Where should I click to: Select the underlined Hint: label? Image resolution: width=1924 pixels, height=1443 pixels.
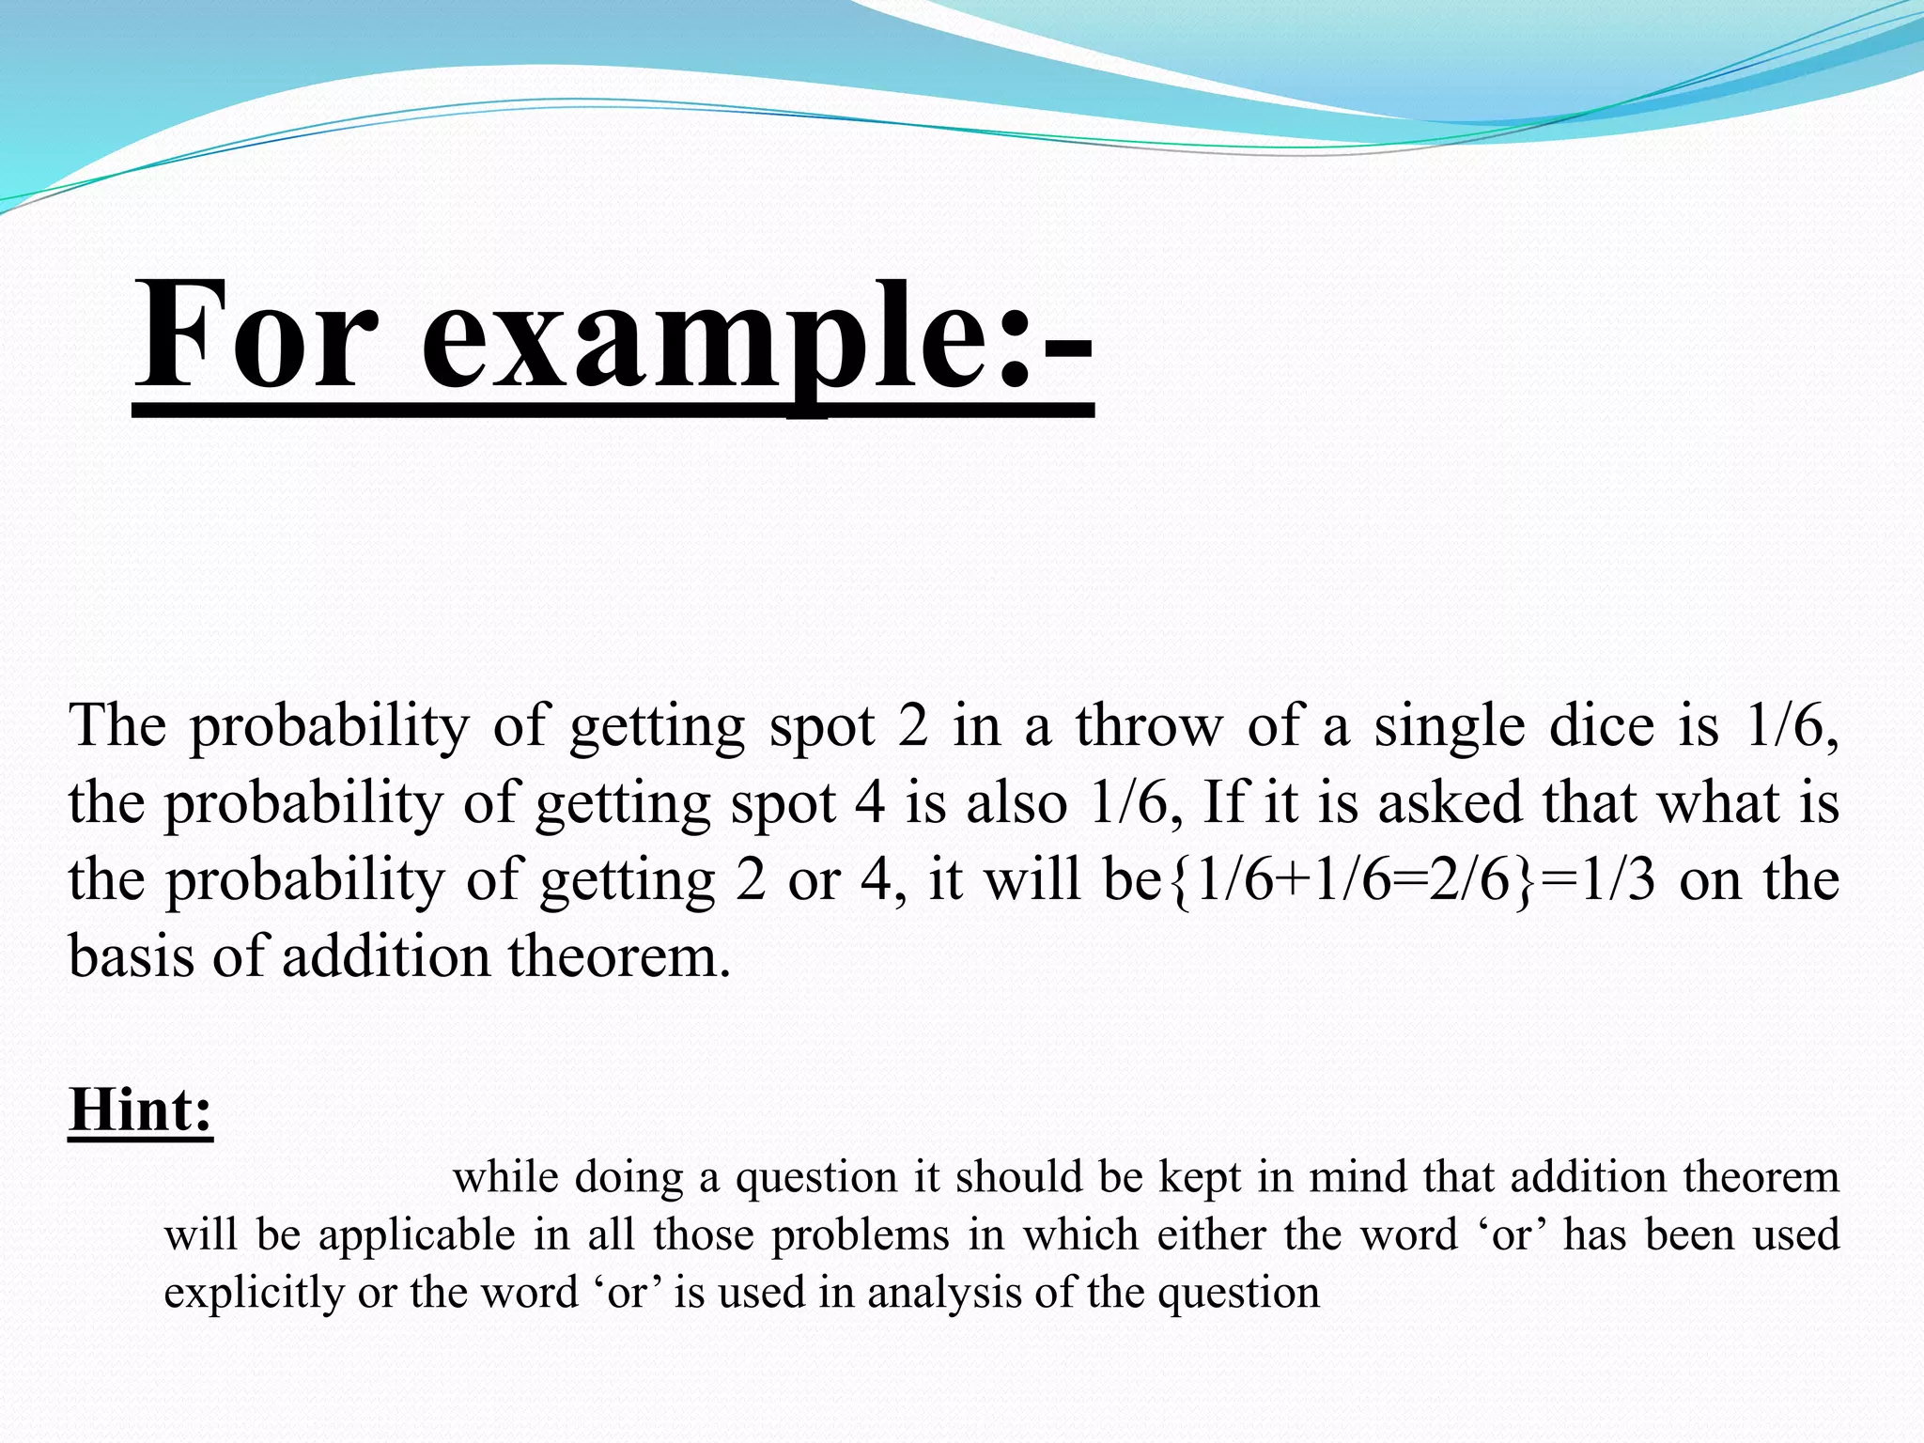click(141, 1109)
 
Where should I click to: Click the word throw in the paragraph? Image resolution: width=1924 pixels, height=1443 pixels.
click(1150, 726)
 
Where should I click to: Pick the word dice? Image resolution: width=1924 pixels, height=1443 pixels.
click(1601, 726)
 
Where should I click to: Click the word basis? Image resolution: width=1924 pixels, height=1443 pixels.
click(131, 957)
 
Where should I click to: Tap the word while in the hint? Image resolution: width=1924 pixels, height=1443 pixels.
click(505, 1177)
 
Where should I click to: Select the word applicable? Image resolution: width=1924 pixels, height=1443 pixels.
click(416, 1235)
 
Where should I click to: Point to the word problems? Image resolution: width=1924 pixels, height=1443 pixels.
click(860, 1235)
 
